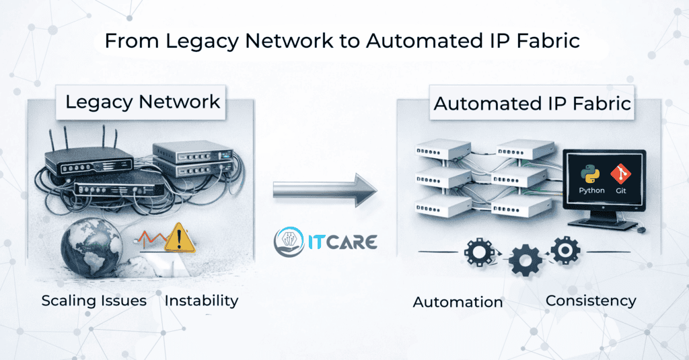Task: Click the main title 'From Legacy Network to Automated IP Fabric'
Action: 342,41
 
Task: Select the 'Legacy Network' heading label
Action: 143,102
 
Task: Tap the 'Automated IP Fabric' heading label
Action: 532,104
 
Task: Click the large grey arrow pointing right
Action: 325,191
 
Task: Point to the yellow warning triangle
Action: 179,239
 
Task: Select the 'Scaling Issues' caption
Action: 94,301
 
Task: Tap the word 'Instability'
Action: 201,301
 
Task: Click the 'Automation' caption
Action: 458,302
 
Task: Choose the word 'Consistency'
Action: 591,301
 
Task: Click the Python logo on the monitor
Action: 591,174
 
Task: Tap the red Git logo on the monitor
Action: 620,174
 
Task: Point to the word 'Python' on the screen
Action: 591,190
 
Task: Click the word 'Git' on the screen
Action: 620,190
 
